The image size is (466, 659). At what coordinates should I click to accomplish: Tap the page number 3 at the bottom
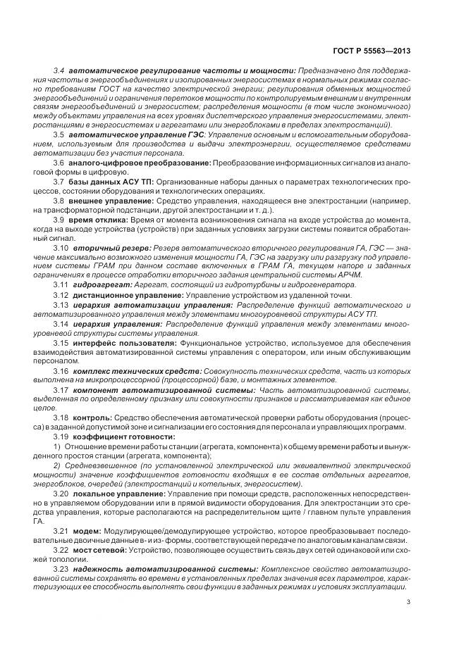(409, 601)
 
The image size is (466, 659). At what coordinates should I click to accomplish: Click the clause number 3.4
(59, 71)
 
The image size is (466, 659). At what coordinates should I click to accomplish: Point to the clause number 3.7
(59, 182)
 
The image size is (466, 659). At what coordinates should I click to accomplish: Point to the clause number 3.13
(61, 305)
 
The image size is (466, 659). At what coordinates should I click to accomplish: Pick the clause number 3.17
(61, 389)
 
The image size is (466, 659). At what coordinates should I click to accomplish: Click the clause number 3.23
(61, 568)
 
